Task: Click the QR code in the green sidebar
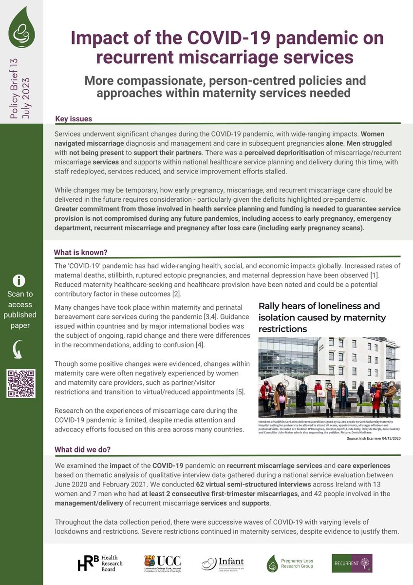coord(21,384)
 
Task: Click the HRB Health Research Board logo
coord(100,563)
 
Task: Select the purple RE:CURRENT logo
coord(352,563)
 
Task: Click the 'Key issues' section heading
coord(74,119)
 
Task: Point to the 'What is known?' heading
coord(80,252)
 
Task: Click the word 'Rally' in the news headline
coord(272,306)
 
